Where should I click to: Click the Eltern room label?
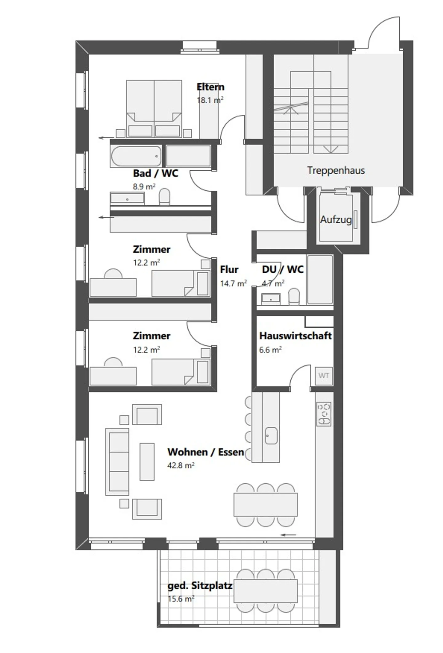coord(210,87)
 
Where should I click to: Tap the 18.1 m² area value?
coord(210,100)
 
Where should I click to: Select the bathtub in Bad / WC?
coord(136,156)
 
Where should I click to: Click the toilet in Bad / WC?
coord(165,197)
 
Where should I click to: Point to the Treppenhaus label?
coord(336,170)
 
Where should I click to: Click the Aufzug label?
coord(336,220)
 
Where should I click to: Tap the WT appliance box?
coord(324,375)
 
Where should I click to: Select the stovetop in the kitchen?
coord(324,414)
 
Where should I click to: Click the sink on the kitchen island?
coord(271,436)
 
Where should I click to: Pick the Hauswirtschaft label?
coord(295,336)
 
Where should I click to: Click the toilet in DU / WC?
coord(294,296)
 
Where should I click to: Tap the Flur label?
coord(229,270)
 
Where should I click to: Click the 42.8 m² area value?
coord(181,465)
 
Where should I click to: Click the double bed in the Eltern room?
coord(154,109)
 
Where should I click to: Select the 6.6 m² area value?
coord(270,350)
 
